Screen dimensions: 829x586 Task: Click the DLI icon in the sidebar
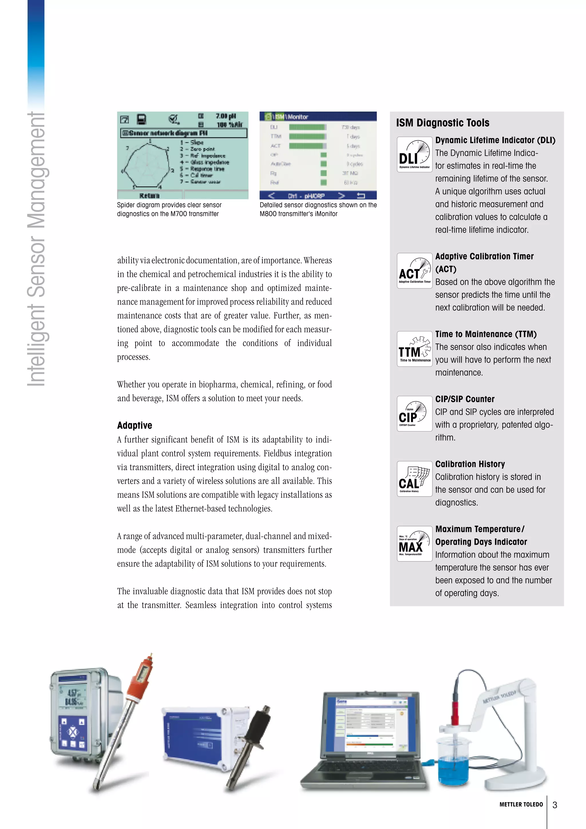coord(415,155)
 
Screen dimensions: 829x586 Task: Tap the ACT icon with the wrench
coord(415,271)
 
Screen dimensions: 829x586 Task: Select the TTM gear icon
coord(415,349)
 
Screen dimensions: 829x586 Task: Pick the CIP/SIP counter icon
coord(415,414)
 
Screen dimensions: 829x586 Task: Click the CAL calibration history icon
coord(415,479)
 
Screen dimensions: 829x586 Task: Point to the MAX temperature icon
coord(415,543)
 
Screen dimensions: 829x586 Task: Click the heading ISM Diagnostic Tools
coord(443,123)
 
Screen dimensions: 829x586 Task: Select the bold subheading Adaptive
coord(134,425)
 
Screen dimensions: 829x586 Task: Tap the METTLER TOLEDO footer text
coord(521,804)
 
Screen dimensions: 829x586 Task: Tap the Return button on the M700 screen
coord(149,195)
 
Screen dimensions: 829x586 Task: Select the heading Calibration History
coord(470,464)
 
